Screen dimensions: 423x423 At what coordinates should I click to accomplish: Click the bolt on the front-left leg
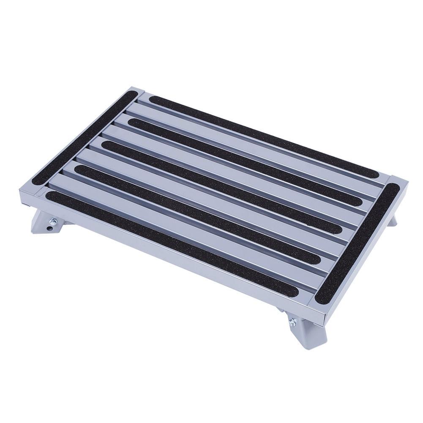[x=54, y=221]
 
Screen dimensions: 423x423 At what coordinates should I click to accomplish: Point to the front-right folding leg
[x=304, y=327]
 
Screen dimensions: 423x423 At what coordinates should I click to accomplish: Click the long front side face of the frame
[x=169, y=254]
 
